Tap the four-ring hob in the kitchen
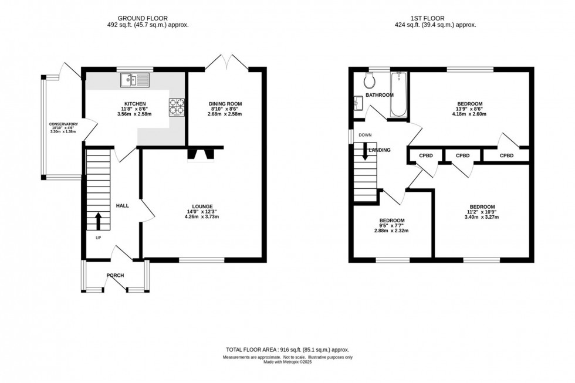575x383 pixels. [x=177, y=108]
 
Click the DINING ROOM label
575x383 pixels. [x=225, y=104]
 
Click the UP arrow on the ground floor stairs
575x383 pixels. [x=98, y=221]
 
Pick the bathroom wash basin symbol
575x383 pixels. [x=359, y=104]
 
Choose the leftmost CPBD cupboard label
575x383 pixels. [x=426, y=155]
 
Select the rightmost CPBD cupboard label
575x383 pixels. [x=506, y=155]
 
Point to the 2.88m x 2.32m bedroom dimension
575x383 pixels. [x=391, y=231]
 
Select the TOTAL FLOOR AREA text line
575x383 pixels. [x=287, y=348]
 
